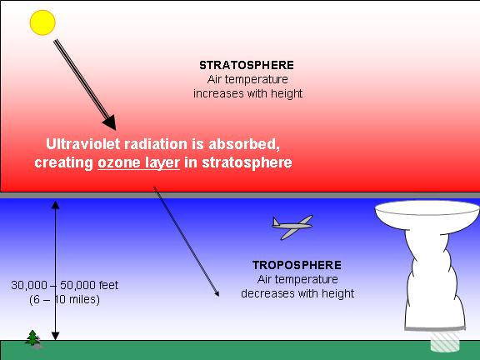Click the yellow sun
tap(42, 22)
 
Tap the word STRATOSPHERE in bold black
tap(247, 65)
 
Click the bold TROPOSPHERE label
tap(297, 265)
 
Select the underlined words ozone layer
tap(138, 162)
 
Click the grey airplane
tap(292, 227)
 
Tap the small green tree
tap(32, 338)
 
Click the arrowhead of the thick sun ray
tap(110, 123)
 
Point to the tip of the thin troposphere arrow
tap(219, 297)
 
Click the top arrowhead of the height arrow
tap(55, 204)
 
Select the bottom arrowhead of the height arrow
tap(55, 336)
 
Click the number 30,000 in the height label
tap(29, 285)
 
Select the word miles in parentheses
tap(82, 299)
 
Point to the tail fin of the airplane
tap(276, 222)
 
